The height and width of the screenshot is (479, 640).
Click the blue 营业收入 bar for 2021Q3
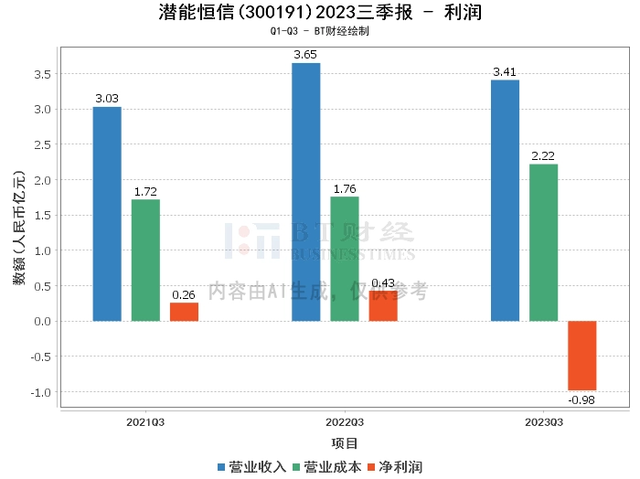pos(107,214)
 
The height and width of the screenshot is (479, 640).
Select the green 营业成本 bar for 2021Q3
pos(145,261)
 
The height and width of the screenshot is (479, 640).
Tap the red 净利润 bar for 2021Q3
pos(184,312)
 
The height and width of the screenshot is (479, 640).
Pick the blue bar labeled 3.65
pos(306,192)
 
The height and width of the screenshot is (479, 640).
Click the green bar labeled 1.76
pos(345,259)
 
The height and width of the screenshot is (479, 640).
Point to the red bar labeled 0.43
pos(383,306)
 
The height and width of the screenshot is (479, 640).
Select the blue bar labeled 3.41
pos(505,201)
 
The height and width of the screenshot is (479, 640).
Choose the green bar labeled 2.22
pos(543,242)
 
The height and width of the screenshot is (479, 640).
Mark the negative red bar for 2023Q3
pos(581,356)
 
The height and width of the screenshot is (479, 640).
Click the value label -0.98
pos(581,399)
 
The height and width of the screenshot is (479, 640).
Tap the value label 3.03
pos(107,99)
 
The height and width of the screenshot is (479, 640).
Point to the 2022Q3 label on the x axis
pos(345,422)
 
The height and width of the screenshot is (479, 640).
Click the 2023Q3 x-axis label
pos(543,422)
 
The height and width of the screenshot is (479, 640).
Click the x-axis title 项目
pos(345,443)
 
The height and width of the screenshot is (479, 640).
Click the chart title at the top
pos(320,13)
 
